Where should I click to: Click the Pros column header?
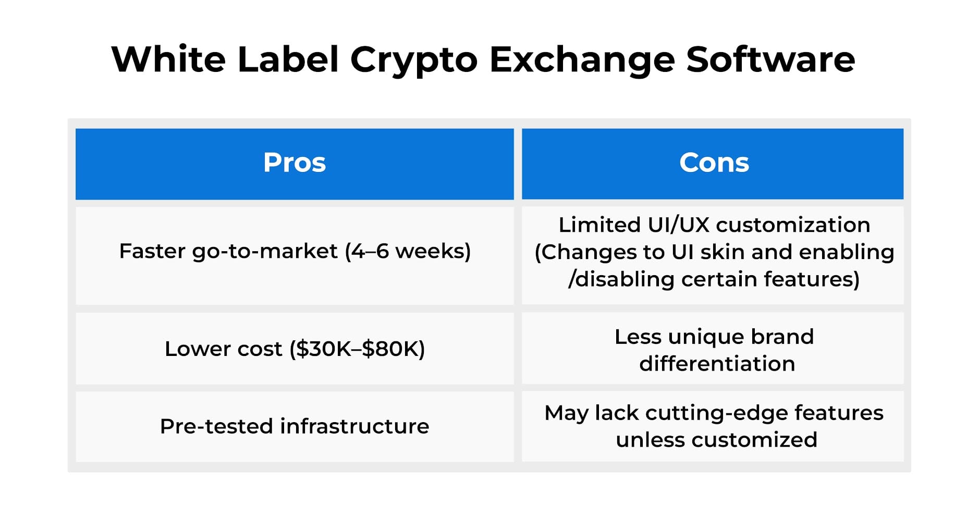295,163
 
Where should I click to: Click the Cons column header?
714,163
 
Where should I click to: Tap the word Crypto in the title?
413,60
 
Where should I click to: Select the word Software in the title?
770,60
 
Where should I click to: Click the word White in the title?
168,59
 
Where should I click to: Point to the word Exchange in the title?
582,60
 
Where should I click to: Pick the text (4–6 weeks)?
408,252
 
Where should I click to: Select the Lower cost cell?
295,349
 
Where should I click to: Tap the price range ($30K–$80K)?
358,349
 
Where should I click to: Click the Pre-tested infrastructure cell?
295,426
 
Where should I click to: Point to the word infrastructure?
354,426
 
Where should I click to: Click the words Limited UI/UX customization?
714,225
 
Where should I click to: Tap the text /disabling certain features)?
714,279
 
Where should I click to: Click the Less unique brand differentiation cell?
714,350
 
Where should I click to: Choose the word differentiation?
717,364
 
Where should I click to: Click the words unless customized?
716,440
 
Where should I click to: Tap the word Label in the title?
288,59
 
